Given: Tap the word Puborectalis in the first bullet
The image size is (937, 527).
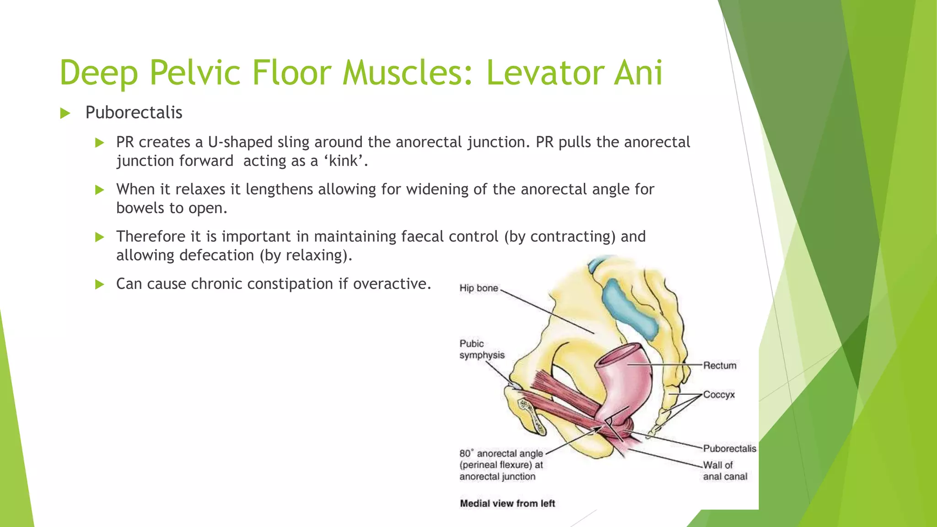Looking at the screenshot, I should pos(134,113).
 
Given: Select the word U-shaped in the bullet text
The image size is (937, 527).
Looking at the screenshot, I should pos(240,142).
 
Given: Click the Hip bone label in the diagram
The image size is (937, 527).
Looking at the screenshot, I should pos(479,288).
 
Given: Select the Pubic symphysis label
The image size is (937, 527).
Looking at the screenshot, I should pos(482,350).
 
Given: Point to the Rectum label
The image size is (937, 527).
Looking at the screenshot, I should pos(720,366).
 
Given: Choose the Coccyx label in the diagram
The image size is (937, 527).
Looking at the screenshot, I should pos(719,394).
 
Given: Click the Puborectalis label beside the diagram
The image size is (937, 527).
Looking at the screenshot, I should pos(729,448).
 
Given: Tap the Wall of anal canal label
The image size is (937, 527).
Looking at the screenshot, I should pos(725,471).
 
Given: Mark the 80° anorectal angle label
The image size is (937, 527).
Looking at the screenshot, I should pos(501,465).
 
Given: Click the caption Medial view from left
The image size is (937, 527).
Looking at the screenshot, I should pos(507,504).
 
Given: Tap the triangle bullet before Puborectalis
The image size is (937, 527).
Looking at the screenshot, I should pos(65,113).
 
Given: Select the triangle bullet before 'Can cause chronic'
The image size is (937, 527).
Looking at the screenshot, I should pos(99,285).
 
